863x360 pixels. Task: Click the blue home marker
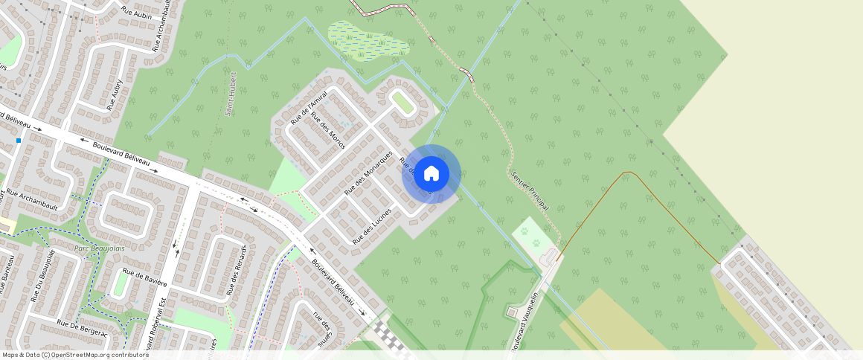click(431, 174)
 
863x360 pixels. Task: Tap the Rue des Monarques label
click(368, 173)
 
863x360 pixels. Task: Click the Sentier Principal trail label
click(530, 190)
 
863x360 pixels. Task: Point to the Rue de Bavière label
click(145, 279)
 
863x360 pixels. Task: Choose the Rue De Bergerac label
click(82, 328)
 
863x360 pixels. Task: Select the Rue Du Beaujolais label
click(44, 275)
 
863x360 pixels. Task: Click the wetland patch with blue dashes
click(368, 40)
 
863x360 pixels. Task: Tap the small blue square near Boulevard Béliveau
click(19, 140)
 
